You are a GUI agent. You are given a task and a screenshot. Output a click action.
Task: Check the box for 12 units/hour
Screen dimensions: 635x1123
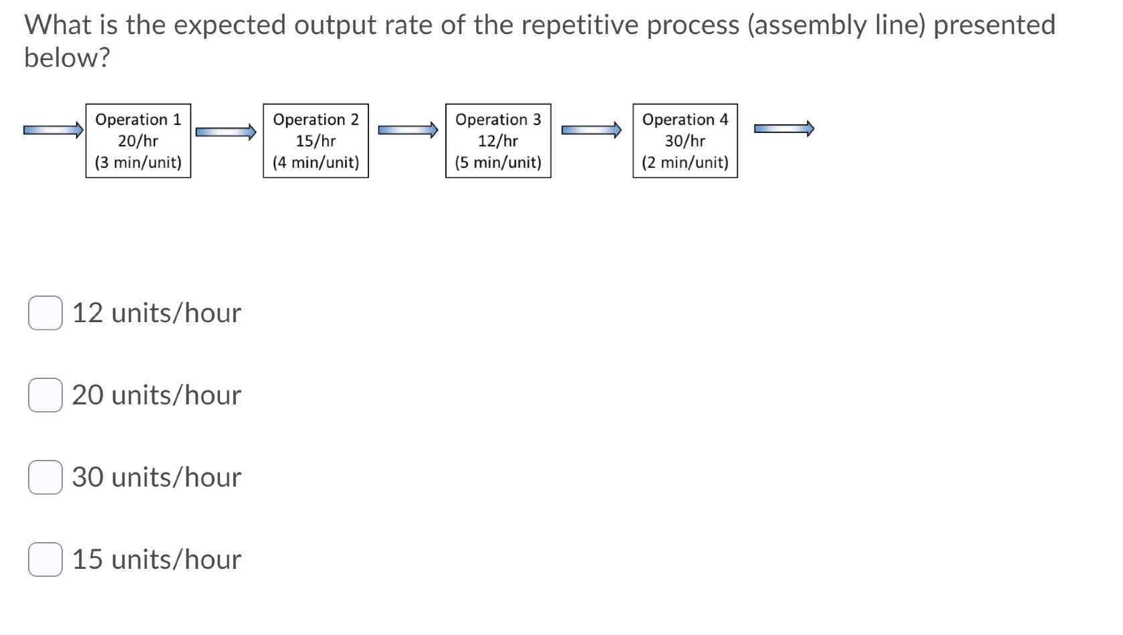[x=45, y=313]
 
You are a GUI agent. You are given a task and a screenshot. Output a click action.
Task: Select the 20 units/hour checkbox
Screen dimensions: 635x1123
[x=45, y=395]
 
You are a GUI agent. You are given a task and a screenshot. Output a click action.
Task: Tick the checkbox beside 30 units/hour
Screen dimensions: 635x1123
[x=45, y=477]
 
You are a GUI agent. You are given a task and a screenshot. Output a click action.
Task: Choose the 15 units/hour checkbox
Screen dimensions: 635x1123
[x=45, y=559]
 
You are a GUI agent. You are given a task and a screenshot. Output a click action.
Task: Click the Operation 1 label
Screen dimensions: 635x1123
[x=138, y=120]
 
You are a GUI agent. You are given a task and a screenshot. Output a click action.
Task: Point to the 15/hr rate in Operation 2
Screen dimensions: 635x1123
[x=316, y=141]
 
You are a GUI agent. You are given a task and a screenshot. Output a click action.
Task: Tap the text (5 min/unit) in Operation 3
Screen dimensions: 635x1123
[x=498, y=162]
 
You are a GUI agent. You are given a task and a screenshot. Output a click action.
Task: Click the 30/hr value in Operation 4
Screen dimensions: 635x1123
[x=684, y=141]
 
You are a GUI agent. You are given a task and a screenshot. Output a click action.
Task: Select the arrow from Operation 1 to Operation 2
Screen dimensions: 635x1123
[x=226, y=131]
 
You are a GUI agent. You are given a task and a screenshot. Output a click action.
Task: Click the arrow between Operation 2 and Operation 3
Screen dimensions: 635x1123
[x=408, y=130]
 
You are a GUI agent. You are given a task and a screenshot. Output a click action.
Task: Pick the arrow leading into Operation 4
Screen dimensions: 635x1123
[x=591, y=130]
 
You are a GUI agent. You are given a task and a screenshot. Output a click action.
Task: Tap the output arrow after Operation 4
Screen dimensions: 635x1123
[x=783, y=129]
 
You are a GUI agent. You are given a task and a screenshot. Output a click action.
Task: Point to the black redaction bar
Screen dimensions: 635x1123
[x=265, y=229]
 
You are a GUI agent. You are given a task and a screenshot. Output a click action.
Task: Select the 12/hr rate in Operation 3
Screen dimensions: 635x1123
[x=498, y=141]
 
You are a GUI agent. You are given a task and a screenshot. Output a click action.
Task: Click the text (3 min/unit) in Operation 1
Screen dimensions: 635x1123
[x=138, y=162]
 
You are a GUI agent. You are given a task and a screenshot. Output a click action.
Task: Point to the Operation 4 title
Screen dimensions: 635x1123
[x=684, y=120]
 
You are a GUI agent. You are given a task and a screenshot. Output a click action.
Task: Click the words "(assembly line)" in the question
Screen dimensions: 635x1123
[x=837, y=25]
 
